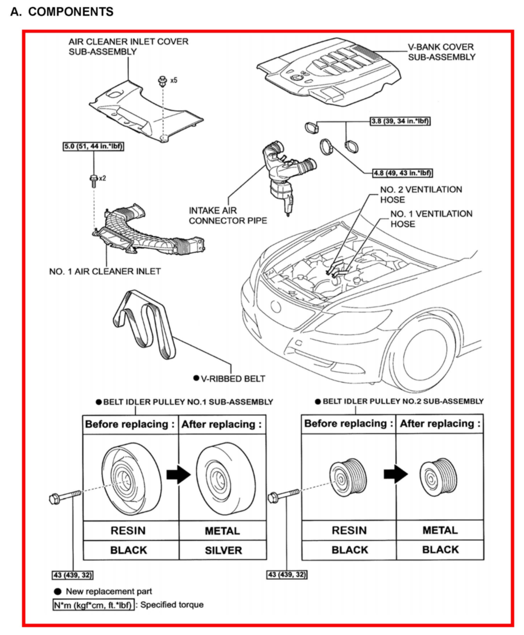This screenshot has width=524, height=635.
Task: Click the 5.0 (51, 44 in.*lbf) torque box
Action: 93,146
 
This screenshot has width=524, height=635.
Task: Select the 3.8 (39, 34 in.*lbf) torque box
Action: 400,121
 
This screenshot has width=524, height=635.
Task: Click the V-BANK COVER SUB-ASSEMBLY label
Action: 441,52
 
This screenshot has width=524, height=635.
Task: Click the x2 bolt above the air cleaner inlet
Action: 94,180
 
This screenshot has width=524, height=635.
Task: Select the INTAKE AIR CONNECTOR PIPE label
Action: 228,215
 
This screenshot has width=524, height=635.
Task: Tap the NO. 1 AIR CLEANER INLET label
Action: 105,271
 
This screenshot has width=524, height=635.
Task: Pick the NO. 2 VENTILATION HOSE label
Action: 421,195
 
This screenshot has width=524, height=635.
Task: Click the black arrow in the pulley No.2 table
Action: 395,474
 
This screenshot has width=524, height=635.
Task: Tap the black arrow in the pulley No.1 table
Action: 178,474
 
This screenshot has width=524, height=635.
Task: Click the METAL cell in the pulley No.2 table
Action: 440,530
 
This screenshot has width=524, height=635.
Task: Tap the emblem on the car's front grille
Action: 276,306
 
